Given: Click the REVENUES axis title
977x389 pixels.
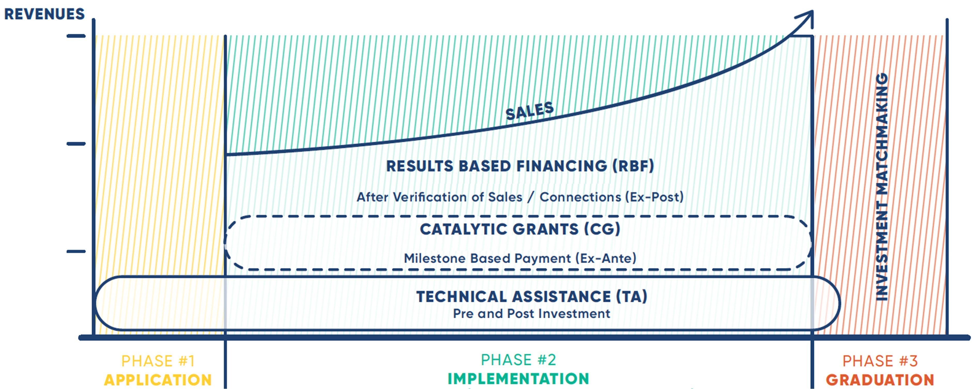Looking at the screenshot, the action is click(44, 14).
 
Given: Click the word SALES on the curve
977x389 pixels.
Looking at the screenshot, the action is click(530, 111).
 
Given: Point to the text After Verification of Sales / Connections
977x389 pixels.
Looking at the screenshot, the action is click(489, 197).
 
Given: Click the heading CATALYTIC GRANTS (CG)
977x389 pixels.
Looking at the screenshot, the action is click(520, 229).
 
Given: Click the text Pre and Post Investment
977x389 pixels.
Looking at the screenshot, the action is click(532, 314).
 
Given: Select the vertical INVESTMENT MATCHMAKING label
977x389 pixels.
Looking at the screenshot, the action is click(881, 186).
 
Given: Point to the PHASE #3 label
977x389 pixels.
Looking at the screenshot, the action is click(880, 361).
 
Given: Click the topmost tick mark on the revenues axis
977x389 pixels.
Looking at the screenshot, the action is click(76, 36).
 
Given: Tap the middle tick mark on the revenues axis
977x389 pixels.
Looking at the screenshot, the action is click(76, 144).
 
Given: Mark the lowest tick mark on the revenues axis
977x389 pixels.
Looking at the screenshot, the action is click(76, 251).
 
